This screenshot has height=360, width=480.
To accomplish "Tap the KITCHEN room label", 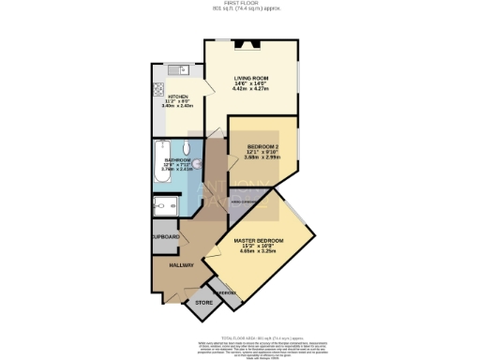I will click(x=179, y=96).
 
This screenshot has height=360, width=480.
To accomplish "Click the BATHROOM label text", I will click(x=178, y=160).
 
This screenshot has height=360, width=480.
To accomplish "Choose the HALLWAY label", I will click(x=182, y=266).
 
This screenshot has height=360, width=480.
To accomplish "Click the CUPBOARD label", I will click(x=166, y=236).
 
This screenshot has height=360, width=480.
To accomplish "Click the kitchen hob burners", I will click(x=156, y=91).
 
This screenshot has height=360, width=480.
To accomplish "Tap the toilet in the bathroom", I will click(x=187, y=147).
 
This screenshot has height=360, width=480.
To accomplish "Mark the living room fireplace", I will click(x=250, y=43).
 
